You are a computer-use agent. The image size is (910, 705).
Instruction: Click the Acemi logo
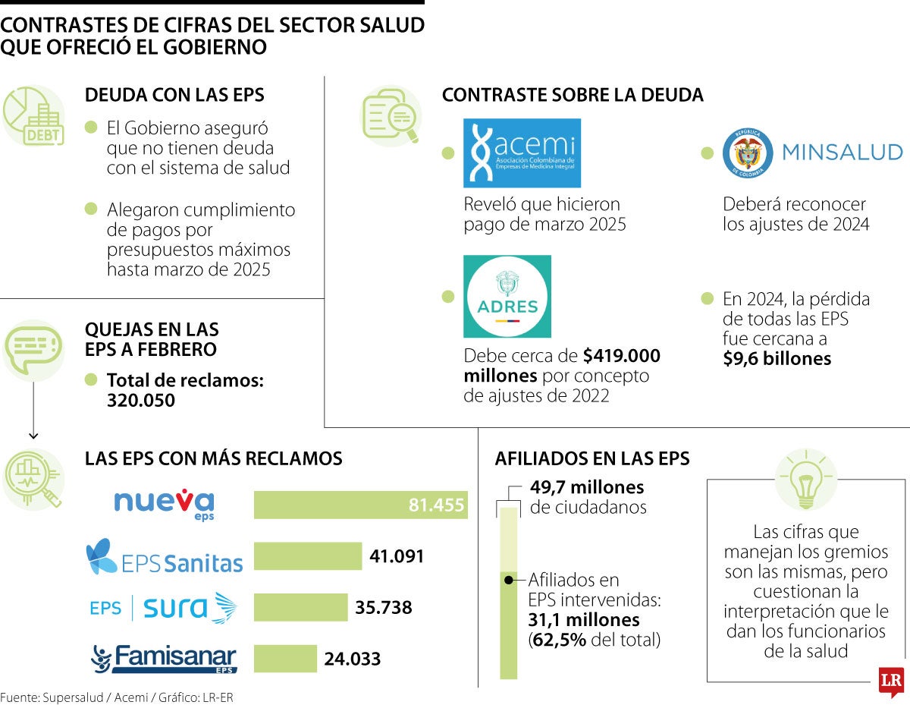tap(522, 153)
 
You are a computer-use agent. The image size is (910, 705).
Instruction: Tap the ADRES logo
tap(507, 297)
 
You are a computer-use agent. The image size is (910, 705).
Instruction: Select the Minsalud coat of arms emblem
tap(748, 153)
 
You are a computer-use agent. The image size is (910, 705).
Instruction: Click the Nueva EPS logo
tap(164, 505)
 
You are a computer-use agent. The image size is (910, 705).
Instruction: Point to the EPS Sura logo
tap(163, 608)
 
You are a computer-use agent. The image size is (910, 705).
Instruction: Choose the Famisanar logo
tap(164, 658)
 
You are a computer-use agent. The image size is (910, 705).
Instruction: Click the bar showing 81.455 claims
tap(360, 505)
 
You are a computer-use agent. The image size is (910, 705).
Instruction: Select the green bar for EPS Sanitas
tap(307, 556)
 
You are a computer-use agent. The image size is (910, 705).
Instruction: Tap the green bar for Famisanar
tap(285, 659)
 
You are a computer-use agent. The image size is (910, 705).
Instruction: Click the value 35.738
tap(384, 608)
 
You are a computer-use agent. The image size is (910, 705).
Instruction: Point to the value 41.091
tap(397, 556)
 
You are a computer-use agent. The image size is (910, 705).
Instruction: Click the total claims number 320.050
tap(141, 401)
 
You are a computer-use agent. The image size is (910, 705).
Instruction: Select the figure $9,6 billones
tap(777, 359)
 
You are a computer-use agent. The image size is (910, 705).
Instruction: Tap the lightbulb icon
tap(806, 480)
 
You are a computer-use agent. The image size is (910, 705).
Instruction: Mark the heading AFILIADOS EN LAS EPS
tap(592, 458)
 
